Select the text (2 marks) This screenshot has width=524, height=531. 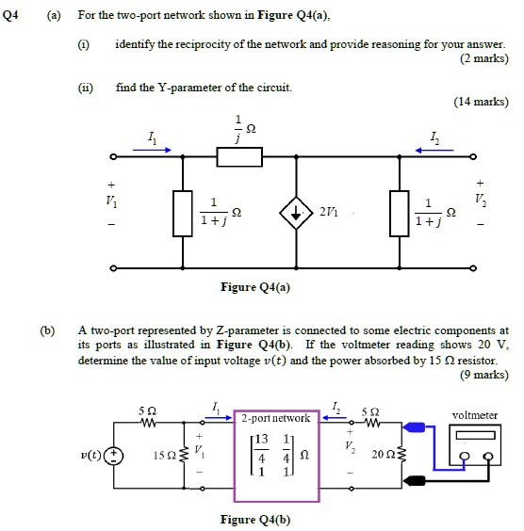coord(483,58)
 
